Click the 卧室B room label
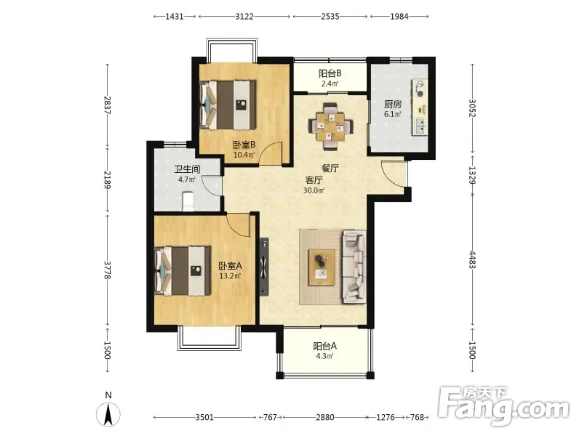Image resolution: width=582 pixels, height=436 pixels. (244, 145)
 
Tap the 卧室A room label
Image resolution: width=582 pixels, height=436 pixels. (230, 266)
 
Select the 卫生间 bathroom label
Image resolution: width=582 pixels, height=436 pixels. (187, 169)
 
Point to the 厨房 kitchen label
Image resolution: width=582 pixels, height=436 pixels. (393, 104)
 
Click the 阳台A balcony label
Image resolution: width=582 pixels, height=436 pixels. (324, 347)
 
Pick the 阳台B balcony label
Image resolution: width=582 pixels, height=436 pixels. (330, 73)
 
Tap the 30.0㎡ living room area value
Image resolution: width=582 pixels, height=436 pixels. (314, 190)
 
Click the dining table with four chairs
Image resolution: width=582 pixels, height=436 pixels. (331, 126)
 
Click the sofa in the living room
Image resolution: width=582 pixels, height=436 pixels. (354, 267)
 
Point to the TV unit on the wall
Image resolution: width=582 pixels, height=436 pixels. (264, 267)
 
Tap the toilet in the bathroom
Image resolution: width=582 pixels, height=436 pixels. (188, 201)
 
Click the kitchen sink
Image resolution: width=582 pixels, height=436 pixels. (420, 126)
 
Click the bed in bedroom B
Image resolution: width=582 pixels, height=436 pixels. (228, 105)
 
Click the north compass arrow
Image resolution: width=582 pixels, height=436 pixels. (108, 414)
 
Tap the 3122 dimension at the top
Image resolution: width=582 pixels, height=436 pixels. (244, 16)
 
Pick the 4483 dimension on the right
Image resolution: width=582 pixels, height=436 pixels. (472, 259)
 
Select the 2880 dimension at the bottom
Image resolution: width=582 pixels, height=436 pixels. (324, 417)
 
